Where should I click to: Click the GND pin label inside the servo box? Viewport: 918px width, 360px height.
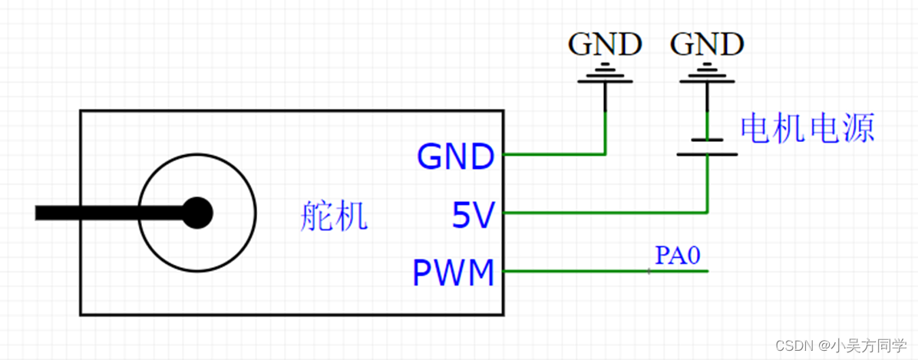click(x=455, y=157)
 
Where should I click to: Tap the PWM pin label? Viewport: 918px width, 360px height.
click(x=454, y=272)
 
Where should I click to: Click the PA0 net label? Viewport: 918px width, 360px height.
click(x=678, y=256)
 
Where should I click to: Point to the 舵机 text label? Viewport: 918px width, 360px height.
click(x=333, y=218)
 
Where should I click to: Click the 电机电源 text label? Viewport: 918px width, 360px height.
click(x=807, y=128)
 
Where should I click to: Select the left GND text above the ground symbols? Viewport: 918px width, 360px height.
click(x=605, y=45)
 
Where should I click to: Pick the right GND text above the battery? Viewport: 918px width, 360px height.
click(x=707, y=45)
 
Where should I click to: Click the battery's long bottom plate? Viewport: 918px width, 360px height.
click(x=707, y=154)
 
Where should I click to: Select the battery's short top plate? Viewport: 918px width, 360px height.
click(x=707, y=140)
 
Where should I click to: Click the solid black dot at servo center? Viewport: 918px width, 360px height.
click(x=197, y=213)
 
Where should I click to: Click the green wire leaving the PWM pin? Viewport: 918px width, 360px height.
click(x=576, y=271)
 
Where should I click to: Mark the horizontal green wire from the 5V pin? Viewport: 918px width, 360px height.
click(x=606, y=212)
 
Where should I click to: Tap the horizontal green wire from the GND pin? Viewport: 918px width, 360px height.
click(x=553, y=154)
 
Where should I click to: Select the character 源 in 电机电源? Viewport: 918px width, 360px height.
click(x=859, y=128)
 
